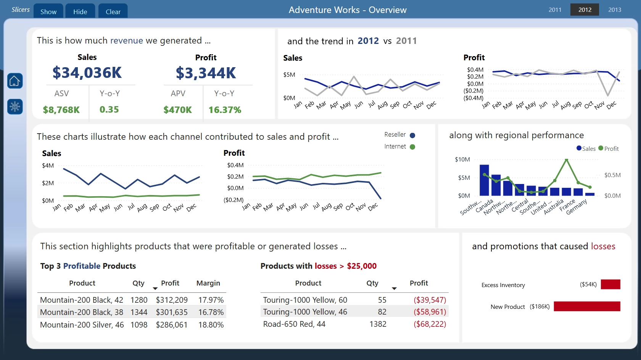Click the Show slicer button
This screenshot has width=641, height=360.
(x=48, y=11)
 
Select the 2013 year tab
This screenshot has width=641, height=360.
(x=614, y=10)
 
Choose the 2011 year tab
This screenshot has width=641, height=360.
(x=555, y=10)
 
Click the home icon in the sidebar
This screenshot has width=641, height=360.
(x=15, y=81)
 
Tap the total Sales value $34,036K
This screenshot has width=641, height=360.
(x=87, y=73)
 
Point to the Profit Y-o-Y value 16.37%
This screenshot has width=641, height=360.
(x=225, y=110)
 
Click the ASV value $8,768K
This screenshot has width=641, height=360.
(x=61, y=110)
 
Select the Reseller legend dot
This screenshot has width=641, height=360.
(x=412, y=135)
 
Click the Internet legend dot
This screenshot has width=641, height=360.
(x=412, y=147)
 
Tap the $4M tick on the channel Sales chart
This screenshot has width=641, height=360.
(x=48, y=166)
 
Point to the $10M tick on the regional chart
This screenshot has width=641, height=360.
(x=462, y=159)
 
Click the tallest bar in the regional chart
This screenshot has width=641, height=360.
(x=484, y=180)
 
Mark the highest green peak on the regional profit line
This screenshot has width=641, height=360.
(x=566, y=160)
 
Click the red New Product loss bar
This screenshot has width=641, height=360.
(x=587, y=306)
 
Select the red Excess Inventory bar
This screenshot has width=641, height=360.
(x=610, y=284)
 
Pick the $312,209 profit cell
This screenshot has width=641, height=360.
(x=172, y=300)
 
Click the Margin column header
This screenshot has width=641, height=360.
(x=208, y=283)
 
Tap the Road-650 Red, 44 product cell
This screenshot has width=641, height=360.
(x=294, y=324)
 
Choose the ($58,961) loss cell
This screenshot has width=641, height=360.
(x=430, y=312)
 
